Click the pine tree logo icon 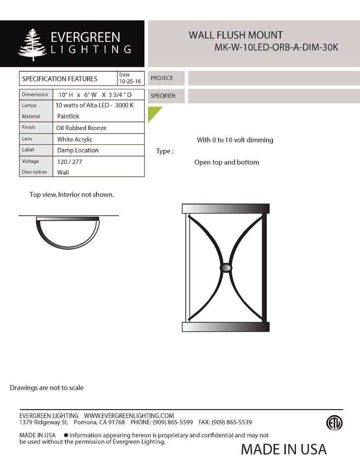[33, 45]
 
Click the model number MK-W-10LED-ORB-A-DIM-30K [276, 47]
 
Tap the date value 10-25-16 [130, 81]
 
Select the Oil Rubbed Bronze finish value [81, 128]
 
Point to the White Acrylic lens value [75, 139]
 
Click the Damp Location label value [78, 150]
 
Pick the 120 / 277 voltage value [69, 162]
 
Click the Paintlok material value [68, 116]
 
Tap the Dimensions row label [35, 94]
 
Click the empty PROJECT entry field [274, 78]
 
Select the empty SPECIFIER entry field [274, 96]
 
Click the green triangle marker [153, 112]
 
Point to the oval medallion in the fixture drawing [226, 268]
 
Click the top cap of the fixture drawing [226, 209]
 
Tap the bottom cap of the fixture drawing [226, 327]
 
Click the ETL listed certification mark [334, 423]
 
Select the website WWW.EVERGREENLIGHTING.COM [129, 416]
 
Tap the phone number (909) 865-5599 [173, 422]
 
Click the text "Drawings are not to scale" [47, 388]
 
